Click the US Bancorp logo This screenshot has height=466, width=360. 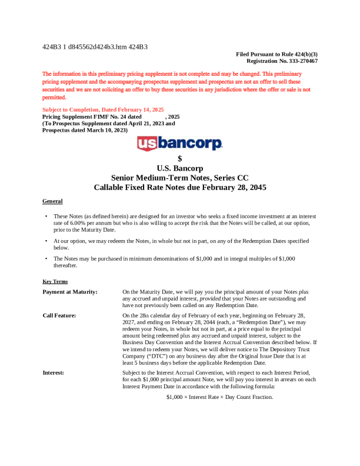point(179,144)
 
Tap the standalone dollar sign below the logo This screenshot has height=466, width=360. point(179,158)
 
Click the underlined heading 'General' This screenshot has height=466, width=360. point(52,201)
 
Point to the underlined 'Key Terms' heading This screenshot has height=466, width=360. point(55,282)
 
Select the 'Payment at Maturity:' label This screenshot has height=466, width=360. point(70,292)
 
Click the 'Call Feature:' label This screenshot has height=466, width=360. point(59,315)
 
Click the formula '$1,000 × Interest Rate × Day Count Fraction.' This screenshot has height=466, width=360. point(219,398)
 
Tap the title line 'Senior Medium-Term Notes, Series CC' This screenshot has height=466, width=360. point(179,178)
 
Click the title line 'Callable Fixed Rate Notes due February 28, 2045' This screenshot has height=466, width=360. point(179,188)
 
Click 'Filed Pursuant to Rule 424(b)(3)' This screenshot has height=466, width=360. point(276,54)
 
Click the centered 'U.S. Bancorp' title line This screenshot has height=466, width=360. point(179,168)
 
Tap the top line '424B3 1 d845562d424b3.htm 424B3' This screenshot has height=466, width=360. point(95,46)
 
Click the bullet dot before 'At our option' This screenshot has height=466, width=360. point(46,241)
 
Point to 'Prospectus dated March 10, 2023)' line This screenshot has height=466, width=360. point(85,130)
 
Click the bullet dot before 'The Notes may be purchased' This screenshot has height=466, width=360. point(46,258)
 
